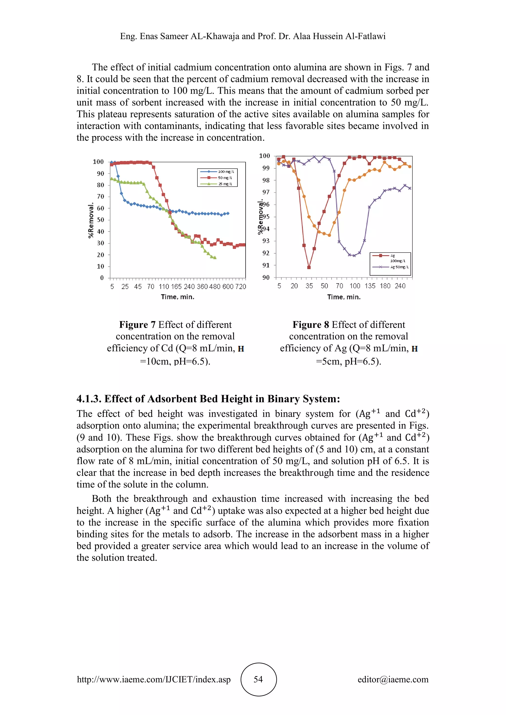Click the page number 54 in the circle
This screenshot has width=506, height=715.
coord(258,679)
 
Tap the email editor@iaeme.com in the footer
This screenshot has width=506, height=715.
coord(393,679)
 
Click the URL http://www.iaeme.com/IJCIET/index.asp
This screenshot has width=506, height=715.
coord(154,679)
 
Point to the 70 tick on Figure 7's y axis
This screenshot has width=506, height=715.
coord(101,197)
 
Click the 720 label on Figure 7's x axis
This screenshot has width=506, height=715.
coord(241,286)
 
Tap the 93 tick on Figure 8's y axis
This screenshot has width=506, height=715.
coord(266,241)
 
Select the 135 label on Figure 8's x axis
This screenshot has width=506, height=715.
coord(370,286)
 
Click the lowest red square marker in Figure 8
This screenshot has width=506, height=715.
coord(309,267)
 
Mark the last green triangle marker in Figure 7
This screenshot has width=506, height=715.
coord(215,258)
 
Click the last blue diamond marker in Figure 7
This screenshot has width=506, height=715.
coord(228,213)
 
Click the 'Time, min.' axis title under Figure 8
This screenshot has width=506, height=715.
coord(344,297)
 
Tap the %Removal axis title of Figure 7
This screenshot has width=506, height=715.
coord(91,220)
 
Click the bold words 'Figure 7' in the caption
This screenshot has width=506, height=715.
coord(137,325)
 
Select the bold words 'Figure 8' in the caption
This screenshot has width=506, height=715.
coord(311,325)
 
